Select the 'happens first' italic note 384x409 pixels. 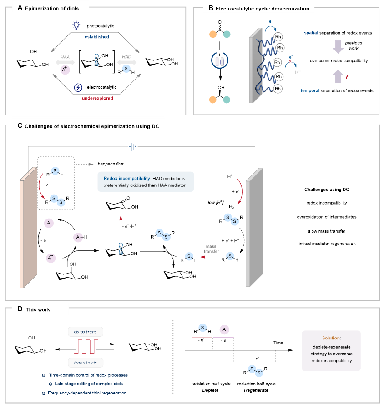click(x=107, y=164)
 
